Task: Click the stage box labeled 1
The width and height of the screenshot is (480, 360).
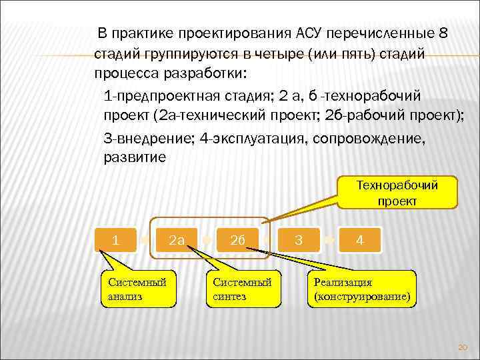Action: click(x=117, y=238)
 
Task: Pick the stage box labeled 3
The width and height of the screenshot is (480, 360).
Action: click(x=299, y=238)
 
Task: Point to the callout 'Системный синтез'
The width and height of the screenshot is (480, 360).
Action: click(x=243, y=289)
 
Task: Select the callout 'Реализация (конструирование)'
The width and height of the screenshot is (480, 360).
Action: click(x=361, y=289)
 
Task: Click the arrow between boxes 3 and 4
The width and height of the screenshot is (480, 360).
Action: click(x=329, y=239)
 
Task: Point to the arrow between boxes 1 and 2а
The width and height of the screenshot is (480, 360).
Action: click(x=147, y=239)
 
